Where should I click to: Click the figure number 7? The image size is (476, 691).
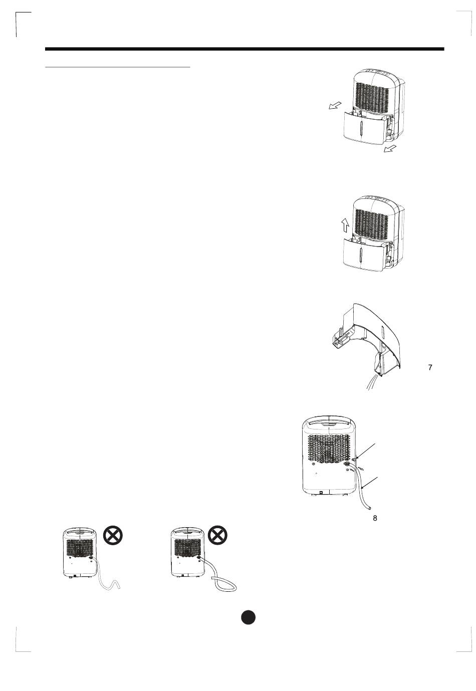pyautogui.click(x=430, y=367)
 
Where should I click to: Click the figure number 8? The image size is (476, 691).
pyautogui.click(x=375, y=518)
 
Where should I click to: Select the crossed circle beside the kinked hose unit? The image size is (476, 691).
pyautogui.click(x=113, y=536)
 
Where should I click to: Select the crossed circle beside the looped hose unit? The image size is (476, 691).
pyautogui.click(x=217, y=536)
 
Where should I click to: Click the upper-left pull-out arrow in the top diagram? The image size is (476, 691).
pyautogui.click(x=333, y=105)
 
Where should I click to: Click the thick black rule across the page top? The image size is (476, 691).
pyautogui.click(x=245, y=49)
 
